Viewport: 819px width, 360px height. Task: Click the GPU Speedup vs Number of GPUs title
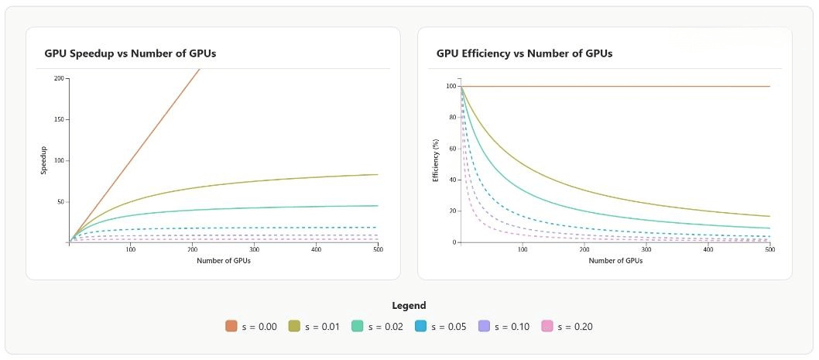(x=130, y=54)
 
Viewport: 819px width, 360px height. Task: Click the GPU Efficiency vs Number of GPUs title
(x=524, y=54)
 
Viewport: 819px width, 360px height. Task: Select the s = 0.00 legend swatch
(x=231, y=326)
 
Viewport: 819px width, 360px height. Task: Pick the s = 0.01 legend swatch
(x=294, y=326)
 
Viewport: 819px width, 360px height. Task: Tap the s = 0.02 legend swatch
(x=357, y=326)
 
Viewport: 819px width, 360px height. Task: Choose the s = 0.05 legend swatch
(x=420, y=326)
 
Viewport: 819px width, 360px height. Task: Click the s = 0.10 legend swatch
(x=484, y=326)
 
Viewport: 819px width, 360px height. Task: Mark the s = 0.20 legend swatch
(x=547, y=326)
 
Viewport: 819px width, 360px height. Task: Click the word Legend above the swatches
(x=409, y=306)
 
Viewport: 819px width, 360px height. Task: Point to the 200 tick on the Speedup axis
(x=60, y=78)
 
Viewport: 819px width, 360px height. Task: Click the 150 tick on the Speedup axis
(x=60, y=120)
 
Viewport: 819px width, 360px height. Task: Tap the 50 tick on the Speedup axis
(x=61, y=202)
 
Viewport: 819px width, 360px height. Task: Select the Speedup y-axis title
(x=44, y=160)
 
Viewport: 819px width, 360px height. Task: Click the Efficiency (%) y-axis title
(x=436, y=164)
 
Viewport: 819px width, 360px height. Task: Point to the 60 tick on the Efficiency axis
(x=452, y=149)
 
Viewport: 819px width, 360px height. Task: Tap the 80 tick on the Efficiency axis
(x=452, y=117)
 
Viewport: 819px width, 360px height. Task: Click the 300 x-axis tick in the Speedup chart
(x=255, y=250)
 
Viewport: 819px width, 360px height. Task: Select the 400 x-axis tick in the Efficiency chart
(x=708, y=250)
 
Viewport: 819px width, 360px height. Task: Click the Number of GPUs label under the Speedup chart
(x=224, y=261)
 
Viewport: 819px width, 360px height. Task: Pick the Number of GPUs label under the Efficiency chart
(x=615, y=261)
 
